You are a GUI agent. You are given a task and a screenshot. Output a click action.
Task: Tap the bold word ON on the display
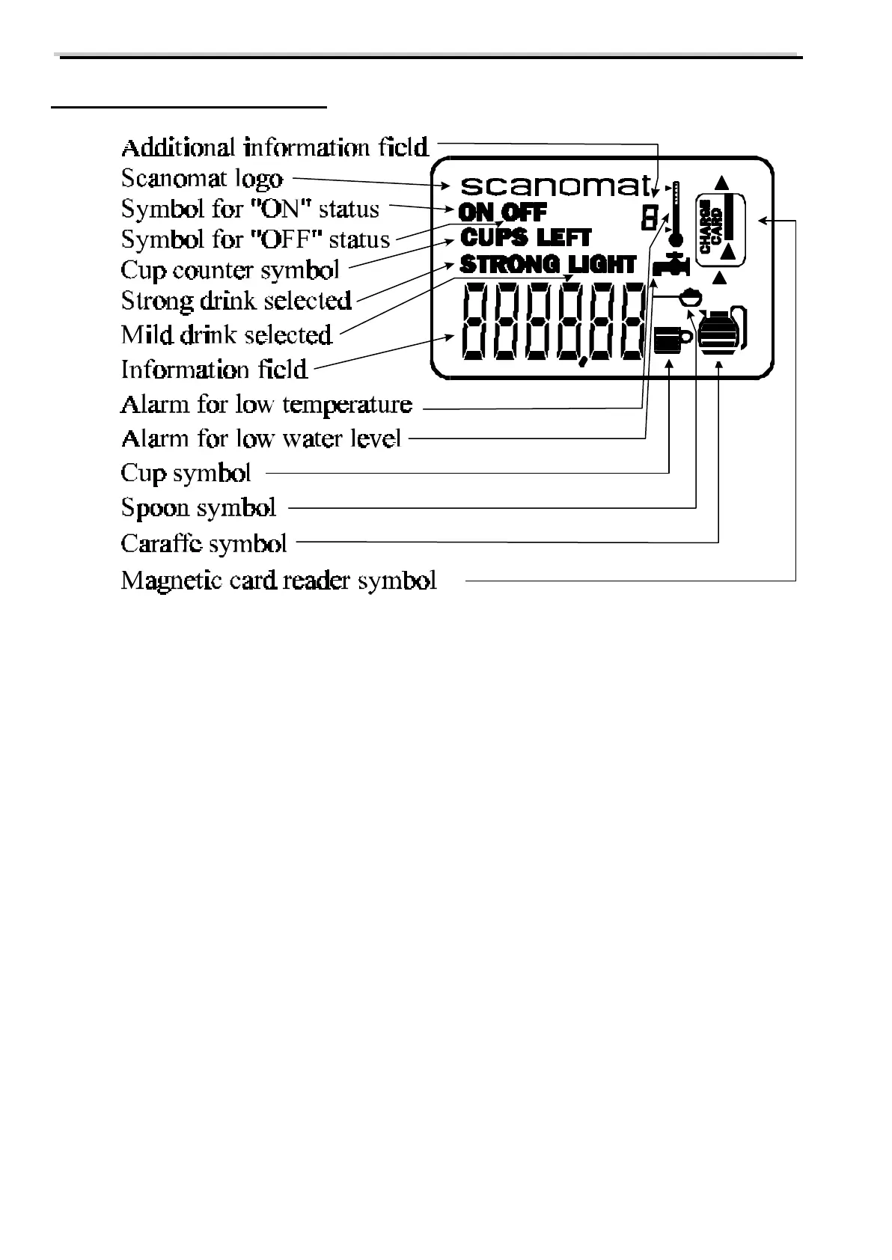pyautogui.click(x=477, y=212)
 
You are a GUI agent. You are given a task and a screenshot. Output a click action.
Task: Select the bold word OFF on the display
pyautogui.click(x=524, y=212)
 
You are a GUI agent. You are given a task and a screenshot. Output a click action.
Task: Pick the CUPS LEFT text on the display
pyautogui.click(x=525, y=238)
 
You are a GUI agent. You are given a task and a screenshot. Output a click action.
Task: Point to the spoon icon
pyautogui.click(x=688, y=297)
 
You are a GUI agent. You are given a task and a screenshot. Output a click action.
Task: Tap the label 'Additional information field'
pyautogui.click(x=275, y=147)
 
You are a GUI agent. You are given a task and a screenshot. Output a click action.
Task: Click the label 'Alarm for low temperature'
pyautogui.click(x=266, y=405)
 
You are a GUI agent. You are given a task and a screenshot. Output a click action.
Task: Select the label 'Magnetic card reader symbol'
pyautogui.click(x=278, y=581)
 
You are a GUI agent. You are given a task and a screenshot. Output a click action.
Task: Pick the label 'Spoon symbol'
pyautogui.click(x=198, y=508)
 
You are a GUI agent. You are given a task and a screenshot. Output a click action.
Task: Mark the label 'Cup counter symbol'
pyautogui.click(x=230, y=269)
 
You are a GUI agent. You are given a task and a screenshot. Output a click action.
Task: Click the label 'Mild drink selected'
pyautogui.click(x=226, y=334)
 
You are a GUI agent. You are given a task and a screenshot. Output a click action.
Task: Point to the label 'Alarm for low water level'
pyautogui.click(x=260, y=438)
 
